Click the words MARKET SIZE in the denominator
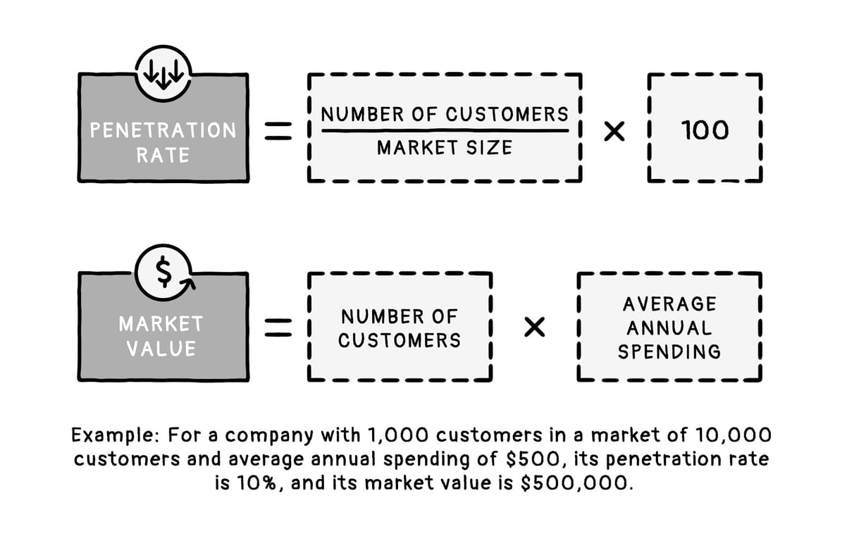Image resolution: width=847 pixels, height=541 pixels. pos(444,148)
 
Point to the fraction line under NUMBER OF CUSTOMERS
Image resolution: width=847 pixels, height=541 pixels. pos(444,130)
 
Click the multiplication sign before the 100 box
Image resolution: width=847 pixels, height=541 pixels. pos(614,131)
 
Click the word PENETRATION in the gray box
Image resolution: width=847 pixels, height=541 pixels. pos(163,130)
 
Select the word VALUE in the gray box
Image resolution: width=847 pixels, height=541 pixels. pos(161,349)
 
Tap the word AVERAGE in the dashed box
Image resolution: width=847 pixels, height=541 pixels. pos(669,304)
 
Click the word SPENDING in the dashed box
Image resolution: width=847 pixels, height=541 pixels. pos(669,351)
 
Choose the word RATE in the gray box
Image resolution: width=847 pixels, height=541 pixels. pos(163,154)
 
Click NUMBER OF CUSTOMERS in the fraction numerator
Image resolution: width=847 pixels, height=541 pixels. pos(444,113)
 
